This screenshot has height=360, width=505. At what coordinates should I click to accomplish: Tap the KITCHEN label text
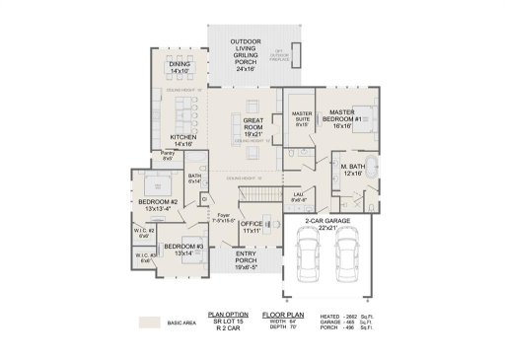[x=182, y=140]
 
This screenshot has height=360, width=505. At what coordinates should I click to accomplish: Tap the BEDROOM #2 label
[x=158, y=205]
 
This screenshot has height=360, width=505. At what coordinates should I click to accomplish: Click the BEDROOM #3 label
[x=183, y=249]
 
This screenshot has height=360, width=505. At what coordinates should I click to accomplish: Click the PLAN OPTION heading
[x=228, y=313]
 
